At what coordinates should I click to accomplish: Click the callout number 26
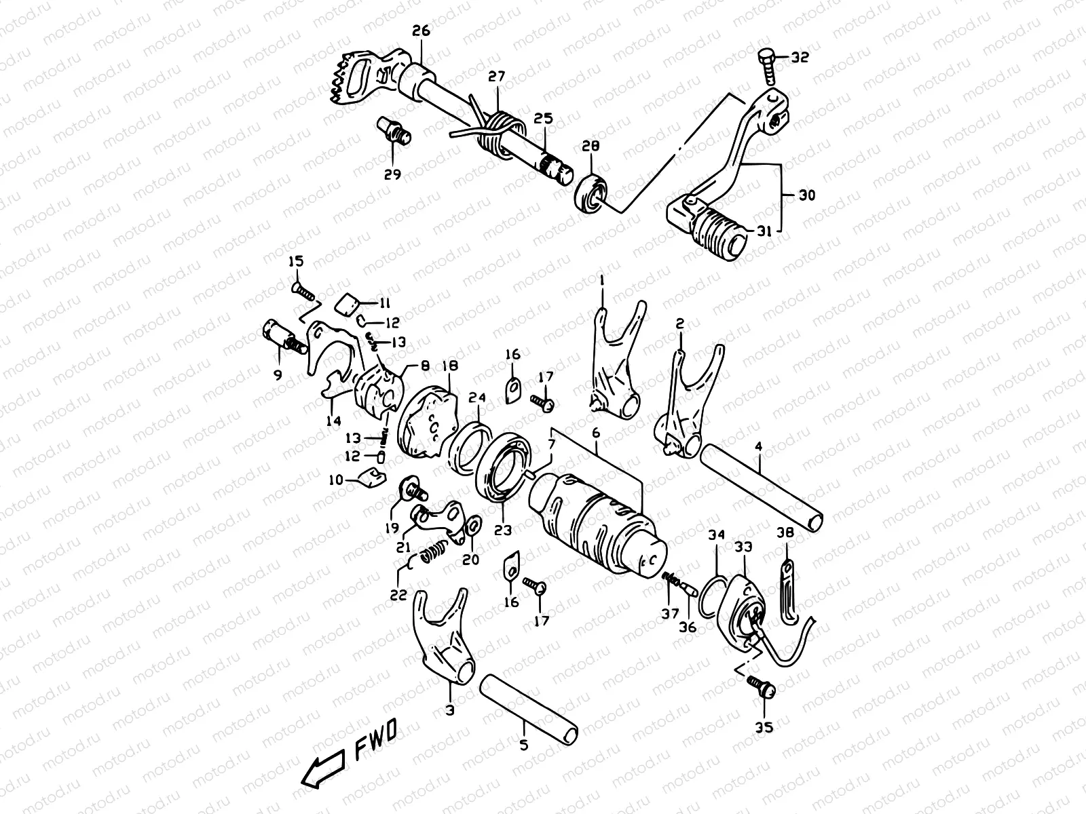coord(421,31)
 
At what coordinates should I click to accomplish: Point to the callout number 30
coord(807,196)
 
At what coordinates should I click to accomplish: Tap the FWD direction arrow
coord(322,769)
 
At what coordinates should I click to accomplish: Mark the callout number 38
coord(785,534)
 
